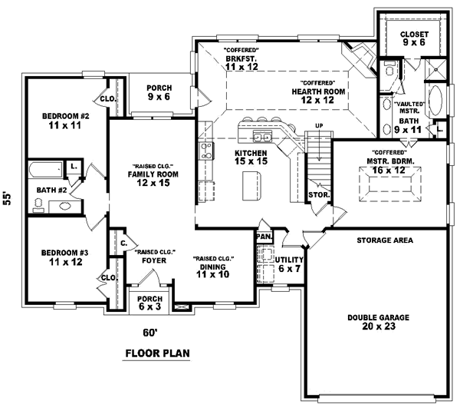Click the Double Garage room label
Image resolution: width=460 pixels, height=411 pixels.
[378, 322]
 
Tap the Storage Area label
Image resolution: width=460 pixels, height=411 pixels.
[384, 240]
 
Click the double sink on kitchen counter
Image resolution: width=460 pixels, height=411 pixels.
[261, 138]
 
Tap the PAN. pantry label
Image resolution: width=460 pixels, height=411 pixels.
[263, 237]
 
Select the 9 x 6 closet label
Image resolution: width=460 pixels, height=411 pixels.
[414, 40]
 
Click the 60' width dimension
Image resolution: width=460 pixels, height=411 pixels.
[149, 333]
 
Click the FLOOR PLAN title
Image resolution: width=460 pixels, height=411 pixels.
[157, 354]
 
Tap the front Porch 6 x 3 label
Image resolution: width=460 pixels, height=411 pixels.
[149, 302]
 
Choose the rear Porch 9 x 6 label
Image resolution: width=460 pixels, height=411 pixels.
[159, 92]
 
